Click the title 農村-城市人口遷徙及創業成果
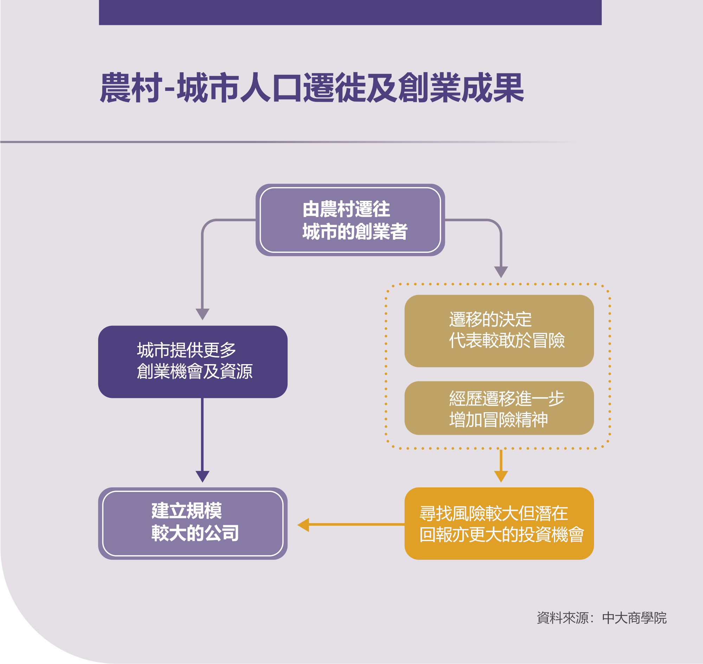click(312, 87)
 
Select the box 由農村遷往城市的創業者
click(350, 220)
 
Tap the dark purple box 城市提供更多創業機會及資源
click(193, 362)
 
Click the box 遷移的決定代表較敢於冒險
click(499, 331)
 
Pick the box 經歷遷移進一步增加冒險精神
click(499, 408)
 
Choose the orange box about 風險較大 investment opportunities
click(499, 524)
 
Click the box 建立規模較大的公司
click(193, 524)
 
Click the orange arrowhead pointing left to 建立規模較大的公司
click(303, 525)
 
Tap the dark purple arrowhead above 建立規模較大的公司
click(202, 476)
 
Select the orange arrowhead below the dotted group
click(501, 476)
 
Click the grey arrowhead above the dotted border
click(501, 272)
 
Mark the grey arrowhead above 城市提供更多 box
click(202, 314)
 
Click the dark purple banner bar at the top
click(350, 12)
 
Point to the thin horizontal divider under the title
click(291, 142)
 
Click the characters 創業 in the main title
click(429, 87)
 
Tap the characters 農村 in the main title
click(131, 87)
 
